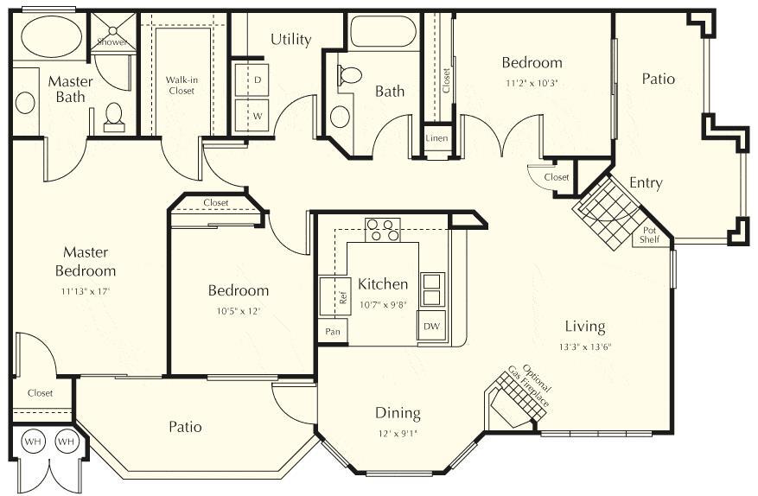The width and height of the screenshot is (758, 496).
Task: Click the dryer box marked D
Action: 257,79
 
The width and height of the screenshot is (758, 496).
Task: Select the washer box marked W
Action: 257,113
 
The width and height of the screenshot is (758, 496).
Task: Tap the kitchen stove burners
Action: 383,230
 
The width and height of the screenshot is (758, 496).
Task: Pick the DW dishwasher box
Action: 430,326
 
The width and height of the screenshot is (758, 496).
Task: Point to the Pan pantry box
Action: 332,331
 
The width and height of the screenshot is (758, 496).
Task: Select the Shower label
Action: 111,41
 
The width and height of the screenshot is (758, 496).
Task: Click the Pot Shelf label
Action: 650,235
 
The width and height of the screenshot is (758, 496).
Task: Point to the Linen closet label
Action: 437,138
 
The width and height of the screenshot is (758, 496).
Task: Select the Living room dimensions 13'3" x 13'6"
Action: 585,347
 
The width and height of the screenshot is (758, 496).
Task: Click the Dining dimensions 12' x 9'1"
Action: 398,433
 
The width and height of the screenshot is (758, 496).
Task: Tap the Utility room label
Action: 290,40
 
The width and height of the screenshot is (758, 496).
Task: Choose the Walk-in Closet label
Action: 182,85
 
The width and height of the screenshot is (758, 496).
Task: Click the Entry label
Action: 646,183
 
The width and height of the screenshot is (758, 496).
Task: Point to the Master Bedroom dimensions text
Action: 85,290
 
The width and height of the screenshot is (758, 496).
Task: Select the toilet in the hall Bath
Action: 350,76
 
